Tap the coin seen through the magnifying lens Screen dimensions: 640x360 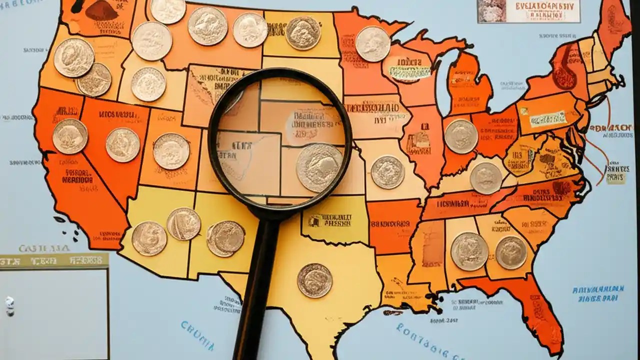point(319,167)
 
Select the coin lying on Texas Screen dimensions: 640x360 point(314,280)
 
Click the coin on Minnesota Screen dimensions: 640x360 point(372,44)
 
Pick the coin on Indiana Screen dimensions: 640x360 point(460,136)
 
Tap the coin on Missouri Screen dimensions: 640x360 point(387,172)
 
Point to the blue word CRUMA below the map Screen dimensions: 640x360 point(197,335)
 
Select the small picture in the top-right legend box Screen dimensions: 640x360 point(491,11)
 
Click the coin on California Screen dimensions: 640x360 point(70,136)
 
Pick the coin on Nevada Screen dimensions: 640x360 point(122,144)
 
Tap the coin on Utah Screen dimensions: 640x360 point(171,151)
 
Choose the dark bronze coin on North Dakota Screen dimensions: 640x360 point(302,33)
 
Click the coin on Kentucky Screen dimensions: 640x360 point(485,178)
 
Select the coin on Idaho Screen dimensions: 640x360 point(148,84)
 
